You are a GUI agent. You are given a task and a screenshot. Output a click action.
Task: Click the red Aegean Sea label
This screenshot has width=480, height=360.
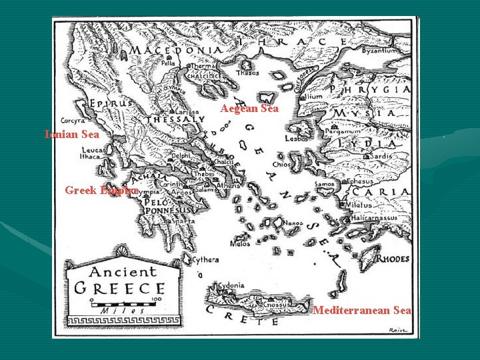pyautogui.click(x=249, y=109)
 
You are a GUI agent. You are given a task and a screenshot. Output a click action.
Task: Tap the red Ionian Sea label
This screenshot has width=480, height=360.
pyautogui.click(x=72, y=134)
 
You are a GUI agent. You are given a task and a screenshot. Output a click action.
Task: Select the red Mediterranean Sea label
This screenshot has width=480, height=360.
pyautogui.click(x=362, y=310)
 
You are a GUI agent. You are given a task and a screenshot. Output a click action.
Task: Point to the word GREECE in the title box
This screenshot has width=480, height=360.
pyautogui.click(x=120, y=288)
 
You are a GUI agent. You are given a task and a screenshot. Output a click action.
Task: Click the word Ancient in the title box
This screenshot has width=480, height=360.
pyautogui.click(x=123, y=272)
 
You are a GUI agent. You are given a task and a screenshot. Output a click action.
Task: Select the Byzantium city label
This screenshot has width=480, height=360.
pyautogui.click(x=381, y=51)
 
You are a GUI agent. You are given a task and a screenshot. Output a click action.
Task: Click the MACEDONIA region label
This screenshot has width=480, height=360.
pyautogui.click(x=175, y=51)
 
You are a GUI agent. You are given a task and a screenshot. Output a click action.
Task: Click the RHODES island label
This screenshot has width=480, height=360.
pyautogui.click(x=393, y=259)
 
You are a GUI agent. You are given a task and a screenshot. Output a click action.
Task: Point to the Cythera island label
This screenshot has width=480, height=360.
pyautogui.click(x=206, y=260)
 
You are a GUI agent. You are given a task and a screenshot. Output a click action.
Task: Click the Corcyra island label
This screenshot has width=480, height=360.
pyautogui.click(x=72, y=121)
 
